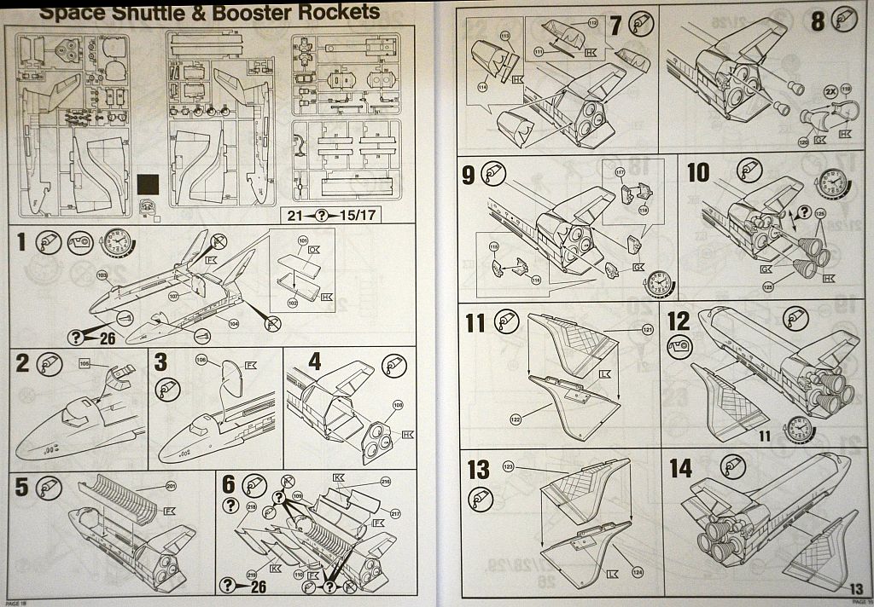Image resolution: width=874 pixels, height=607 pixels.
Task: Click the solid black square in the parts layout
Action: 148,185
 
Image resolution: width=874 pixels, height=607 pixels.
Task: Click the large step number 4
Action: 315,361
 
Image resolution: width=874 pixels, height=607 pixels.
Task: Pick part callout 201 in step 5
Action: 171,486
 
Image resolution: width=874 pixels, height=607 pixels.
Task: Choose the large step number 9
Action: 469,175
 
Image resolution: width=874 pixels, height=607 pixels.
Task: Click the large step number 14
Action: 680,468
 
